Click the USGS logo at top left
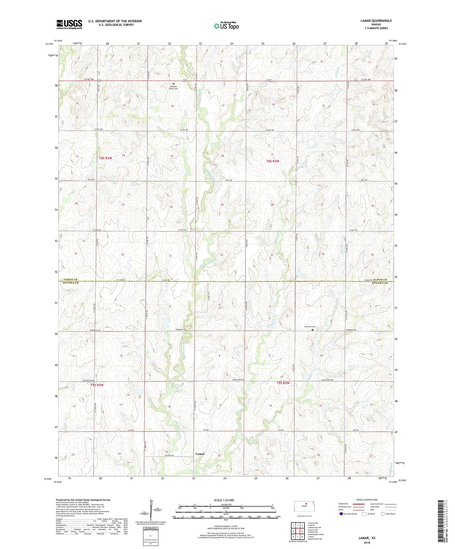(x=69, y=24)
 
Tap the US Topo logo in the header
(x=226, y=26)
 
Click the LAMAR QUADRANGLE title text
(x=376, y=21)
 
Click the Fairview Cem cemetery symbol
(x=313, y=330)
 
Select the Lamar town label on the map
(x=200, y=454)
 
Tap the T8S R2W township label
(x=273, y=161)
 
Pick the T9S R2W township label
(x=283, y=383)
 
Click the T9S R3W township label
(x=97, y=385)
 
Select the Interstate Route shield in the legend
(x=342, y=514)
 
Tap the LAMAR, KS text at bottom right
(x=367, y=538)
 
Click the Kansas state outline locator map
(x=304, y=507)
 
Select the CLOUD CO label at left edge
(x=71, y=280)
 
